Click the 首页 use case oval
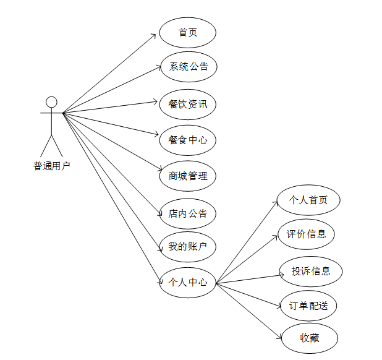(x=187, y=33)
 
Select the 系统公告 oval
(x=189, y=67)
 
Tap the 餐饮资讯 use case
(x=187, y=104)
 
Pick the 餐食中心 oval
(x=187, y=140)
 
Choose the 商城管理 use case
(x=187, y=176)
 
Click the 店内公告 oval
(x=187, y=214)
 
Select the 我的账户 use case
(x=187, y=247)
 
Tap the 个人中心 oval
(x=187, y=283)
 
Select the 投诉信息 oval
(x=311, y=271)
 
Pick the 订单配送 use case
(x=308, y=305)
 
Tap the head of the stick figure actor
(x=52, y=101)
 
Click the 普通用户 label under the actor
(x=51, y=166)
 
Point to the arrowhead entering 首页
(x=156, y=35)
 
